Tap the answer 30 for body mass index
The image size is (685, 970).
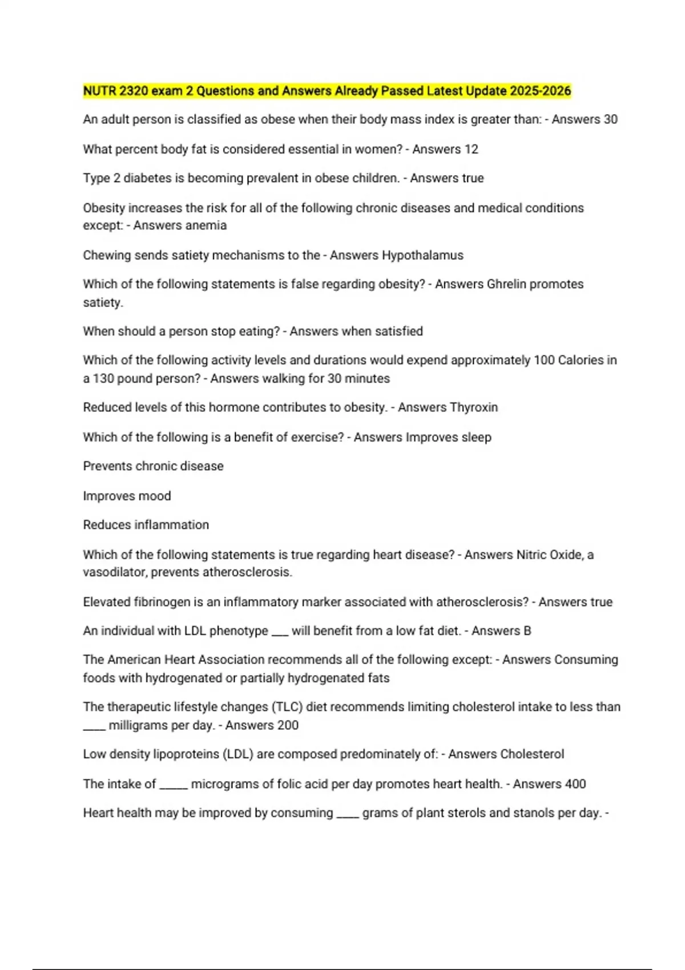pos(610,119)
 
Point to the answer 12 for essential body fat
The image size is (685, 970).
pos(471,149)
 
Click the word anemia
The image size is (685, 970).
pos(204,225)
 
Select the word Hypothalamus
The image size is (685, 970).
pos(422,255)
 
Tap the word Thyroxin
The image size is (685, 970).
pos(473,407)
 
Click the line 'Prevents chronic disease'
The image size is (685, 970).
pos(153,466)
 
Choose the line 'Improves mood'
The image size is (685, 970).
pos(127,496)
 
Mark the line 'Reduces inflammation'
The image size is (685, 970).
pos(146,525)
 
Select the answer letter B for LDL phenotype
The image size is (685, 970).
pos(527,631)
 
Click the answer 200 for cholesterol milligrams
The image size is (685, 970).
pos(288,725)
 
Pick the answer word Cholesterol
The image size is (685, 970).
pos(531,754)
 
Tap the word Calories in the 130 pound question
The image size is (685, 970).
pos(581,360)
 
